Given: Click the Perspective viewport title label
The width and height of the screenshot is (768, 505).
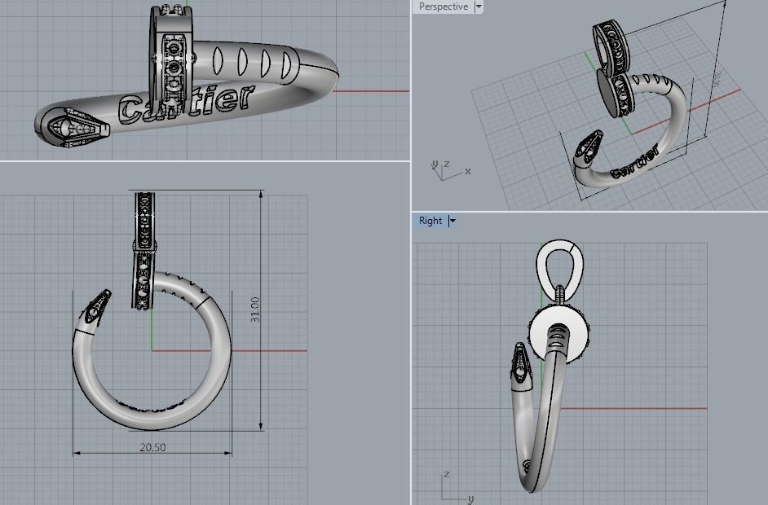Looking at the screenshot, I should coord(443,7).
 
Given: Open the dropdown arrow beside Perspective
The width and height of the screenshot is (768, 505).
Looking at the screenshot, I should coord(479,7).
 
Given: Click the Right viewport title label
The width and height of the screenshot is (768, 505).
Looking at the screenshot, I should coord(430,221).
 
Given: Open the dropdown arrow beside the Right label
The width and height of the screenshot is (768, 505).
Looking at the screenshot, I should coord(452,221).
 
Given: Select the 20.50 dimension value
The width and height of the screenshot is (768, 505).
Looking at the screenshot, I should coord(152,447).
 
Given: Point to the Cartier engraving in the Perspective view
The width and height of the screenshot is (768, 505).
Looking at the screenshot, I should coord(634,162).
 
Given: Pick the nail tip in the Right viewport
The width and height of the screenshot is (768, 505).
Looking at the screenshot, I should coord(522,362).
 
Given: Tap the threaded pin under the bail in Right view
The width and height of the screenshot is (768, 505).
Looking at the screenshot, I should coord(560,292).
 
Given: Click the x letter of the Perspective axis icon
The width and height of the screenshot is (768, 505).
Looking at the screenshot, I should coord(467,171).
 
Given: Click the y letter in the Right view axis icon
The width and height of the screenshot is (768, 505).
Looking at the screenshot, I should coord(470,498).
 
